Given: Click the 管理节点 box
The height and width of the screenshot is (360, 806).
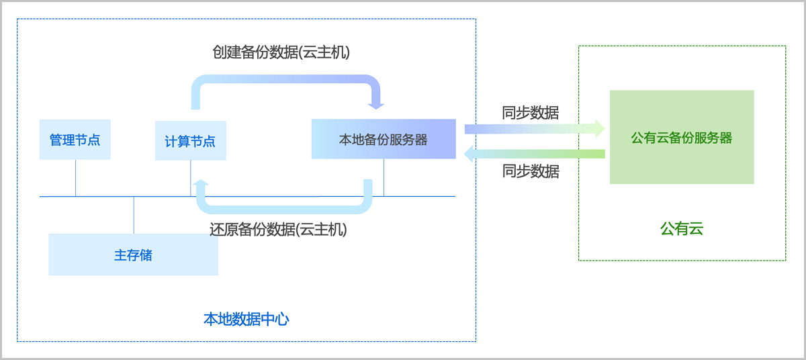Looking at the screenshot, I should [75, 140].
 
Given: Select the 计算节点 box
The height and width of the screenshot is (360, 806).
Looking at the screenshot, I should [190, 141].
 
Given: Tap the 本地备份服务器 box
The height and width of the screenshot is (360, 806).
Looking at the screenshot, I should [384, 139].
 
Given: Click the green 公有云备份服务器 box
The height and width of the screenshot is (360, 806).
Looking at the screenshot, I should [682, 137].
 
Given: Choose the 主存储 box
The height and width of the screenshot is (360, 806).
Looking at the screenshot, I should [133, 255].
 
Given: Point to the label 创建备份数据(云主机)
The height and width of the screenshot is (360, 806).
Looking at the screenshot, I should [281, 52].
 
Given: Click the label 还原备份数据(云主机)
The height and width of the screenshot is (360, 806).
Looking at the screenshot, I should [278, 229].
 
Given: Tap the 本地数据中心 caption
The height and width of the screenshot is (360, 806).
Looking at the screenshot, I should [246, 319].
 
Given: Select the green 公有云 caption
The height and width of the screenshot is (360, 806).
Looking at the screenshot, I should [682, 229].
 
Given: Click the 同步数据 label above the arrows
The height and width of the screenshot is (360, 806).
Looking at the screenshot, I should [530, 112].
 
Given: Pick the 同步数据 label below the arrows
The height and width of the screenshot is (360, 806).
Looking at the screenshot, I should [530, 171].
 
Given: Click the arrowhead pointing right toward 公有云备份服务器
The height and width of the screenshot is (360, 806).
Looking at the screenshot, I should [599, 128].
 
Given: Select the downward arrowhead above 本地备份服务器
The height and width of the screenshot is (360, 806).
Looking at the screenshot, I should [376, 105].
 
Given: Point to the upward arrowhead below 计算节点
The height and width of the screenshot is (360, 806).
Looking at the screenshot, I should [200, 183].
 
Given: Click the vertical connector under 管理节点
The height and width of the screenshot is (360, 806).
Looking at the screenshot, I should [75, 178].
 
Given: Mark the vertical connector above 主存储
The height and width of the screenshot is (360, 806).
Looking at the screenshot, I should [134, 215].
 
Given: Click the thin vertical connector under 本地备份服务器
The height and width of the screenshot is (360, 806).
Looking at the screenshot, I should [384, 178].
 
